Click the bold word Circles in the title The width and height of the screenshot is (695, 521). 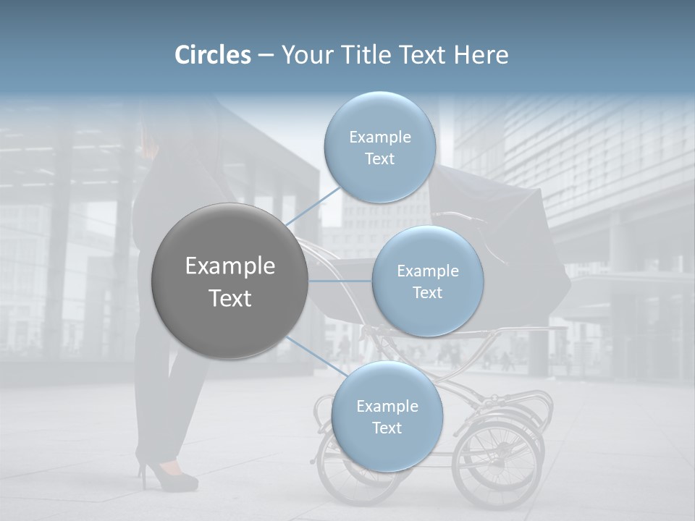212,55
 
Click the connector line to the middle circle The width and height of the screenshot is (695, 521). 340,281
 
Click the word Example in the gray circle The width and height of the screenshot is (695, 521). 229,266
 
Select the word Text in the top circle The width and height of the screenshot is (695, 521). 379,159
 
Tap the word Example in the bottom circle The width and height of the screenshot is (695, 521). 387,407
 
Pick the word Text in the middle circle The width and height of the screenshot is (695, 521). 427,292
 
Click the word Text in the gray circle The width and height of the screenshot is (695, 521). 229,298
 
